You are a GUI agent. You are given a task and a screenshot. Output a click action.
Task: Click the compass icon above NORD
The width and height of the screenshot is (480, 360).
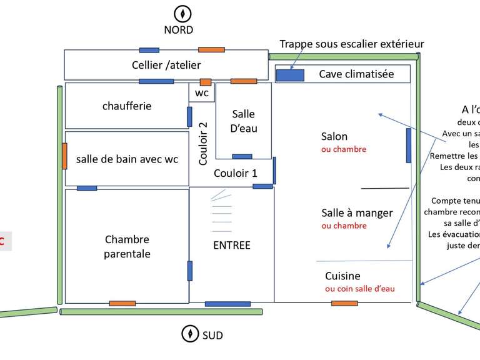pos(182,12)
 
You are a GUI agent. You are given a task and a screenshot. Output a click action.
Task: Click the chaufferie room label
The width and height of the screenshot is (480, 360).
pos(127,106)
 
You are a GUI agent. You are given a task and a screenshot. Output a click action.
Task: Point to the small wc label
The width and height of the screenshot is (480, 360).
pos(202,93)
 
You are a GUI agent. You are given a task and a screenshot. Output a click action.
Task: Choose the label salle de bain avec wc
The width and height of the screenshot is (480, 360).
pos(127,159)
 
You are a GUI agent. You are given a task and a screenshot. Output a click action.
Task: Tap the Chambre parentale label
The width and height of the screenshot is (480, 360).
pos(127,246)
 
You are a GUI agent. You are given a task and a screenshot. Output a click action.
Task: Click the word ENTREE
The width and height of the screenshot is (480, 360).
pos(231,245)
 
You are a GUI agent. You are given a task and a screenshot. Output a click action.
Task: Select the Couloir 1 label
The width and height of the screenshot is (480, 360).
pos(236,173)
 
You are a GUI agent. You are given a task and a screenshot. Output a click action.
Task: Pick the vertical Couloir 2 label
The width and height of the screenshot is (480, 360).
pos(203,142)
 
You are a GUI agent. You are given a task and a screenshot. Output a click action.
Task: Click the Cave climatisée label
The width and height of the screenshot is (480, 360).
pos(356,74)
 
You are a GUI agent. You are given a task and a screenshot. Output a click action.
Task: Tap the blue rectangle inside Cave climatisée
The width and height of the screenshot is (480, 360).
pos(290,75)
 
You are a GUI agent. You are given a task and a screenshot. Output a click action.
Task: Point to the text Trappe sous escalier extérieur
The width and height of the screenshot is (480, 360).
pos(351,44)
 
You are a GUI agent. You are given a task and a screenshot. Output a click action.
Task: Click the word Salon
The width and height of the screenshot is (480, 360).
pos(334,136)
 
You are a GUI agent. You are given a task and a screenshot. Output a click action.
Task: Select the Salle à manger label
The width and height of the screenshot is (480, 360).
pos(357,212)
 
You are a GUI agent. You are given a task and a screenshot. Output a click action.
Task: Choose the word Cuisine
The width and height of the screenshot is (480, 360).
pos(342,276)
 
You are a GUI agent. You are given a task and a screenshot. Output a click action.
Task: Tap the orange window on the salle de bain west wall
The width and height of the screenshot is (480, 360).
pos(64,156)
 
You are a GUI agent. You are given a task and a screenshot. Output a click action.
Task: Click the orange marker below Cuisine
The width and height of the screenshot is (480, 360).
pos(344,304)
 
